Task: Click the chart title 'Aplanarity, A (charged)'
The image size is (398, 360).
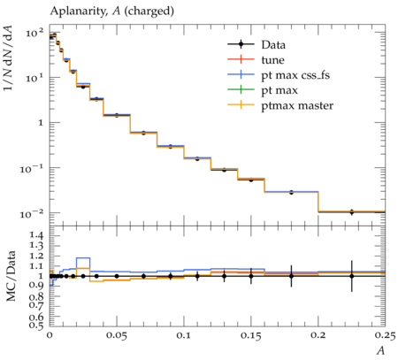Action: (x=112, y=11)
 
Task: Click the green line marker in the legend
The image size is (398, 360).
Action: (x=241, y=89)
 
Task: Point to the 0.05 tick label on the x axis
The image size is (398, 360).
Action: (x=117, y=335)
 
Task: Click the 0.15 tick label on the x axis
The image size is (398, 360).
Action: (x=250, y=335)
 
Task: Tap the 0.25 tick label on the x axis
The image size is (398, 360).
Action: (x=385, y=335)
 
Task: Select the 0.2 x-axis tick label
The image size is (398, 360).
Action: (x=318, y=335)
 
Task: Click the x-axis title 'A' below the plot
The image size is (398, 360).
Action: (x=381, y=351)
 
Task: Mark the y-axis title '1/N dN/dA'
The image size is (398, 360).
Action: (x=8, y=57)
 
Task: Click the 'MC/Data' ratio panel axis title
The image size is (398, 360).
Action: (x=11, y=276)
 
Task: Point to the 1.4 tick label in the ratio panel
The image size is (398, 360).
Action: (x=36, y=235)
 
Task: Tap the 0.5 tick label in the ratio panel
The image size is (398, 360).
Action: (x=36, y=326)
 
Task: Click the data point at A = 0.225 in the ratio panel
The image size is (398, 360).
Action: (x=351, y=276)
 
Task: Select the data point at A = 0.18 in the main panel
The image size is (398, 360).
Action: (x=291, y=193)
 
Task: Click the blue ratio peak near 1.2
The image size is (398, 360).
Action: (x=83, y=258)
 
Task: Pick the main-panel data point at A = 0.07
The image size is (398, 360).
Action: (x=143, y=134)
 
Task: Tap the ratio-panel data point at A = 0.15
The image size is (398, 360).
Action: (x=251, y=276)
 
